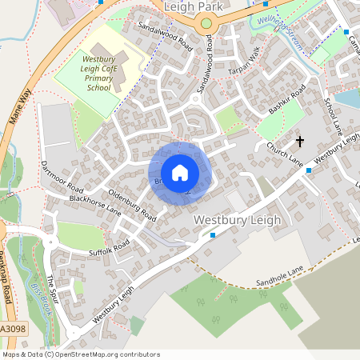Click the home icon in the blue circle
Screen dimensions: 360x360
coord(180,173)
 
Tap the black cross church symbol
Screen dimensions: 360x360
coord(300,142)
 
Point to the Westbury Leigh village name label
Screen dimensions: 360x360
coord(238,220)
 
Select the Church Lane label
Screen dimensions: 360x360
coord(285,155)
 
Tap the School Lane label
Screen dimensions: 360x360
coord(331,115)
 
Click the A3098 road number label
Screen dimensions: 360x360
coord(12,329)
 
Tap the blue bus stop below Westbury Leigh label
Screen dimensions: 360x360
coord(213,235)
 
